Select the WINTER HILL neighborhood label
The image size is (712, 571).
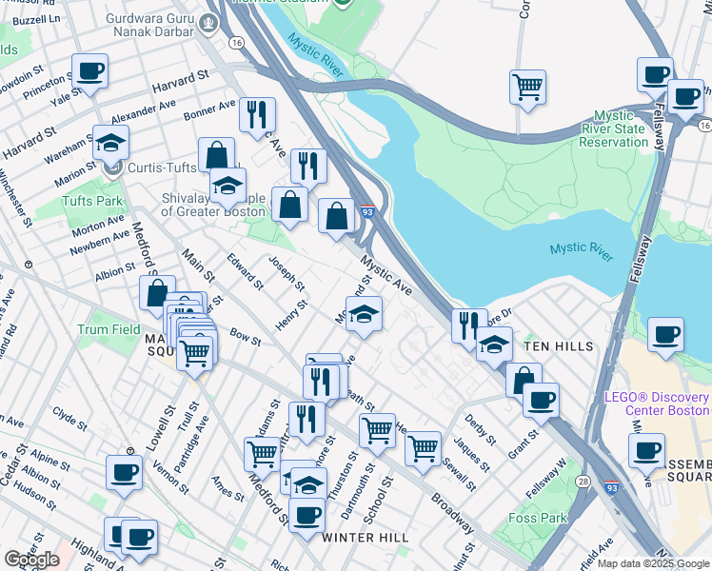[x=365, y=538]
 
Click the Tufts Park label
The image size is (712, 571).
[x=92, y=201]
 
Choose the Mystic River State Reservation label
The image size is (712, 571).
[x=613, y=135]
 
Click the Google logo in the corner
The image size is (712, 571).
[x=31, y=559]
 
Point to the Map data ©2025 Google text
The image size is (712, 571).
[x=653, y=563]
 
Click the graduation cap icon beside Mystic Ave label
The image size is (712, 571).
[x=363, y=315]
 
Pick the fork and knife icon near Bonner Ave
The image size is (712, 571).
[x=257, y=115]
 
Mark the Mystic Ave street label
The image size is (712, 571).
[x=386, y=273]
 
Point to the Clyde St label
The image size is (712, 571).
[x=70, y=416]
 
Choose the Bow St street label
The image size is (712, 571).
[x=245, y=338]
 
